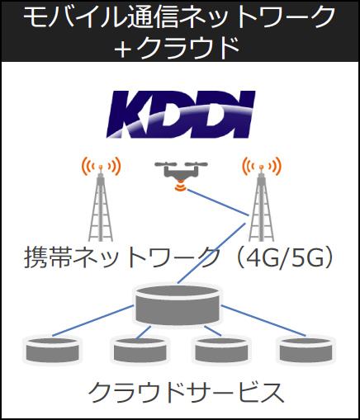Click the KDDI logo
(181, 115)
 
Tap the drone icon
(181, 176)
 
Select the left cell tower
(101, 199)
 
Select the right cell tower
(262, 199)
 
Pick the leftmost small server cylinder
(52, 350)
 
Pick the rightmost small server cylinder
(306, 350)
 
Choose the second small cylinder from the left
(140, 350)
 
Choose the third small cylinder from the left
(221, 350)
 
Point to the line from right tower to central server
(211, 253)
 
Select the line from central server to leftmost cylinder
(93, 320)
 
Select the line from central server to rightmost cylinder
(263, 320)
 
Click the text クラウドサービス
(186, 393)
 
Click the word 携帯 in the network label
(49, 257)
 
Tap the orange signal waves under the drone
(181, 186)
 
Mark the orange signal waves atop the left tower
(101, 166)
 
